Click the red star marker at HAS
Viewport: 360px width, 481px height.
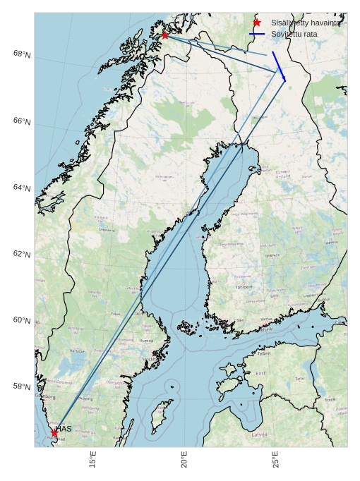54,432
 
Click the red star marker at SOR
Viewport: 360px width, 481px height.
164,35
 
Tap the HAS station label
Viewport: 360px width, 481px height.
64,429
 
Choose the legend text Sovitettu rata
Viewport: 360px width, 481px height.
294,34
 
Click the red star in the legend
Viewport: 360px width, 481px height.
257,23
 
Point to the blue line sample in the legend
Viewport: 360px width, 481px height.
257,34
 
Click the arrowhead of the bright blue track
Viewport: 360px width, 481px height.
284,80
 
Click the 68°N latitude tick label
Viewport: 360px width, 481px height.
22,54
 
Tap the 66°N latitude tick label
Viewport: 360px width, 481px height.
22,121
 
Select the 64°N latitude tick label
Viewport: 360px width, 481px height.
22,188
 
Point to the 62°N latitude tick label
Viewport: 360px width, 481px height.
22,254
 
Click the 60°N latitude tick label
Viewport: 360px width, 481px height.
22,320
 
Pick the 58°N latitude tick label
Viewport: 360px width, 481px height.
22,386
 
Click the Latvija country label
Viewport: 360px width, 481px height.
260,435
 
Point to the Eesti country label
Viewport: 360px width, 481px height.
260,373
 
